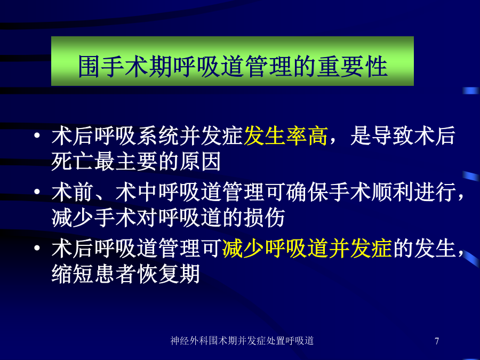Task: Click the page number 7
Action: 437,341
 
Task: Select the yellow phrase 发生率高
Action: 286,135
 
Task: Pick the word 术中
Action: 137,192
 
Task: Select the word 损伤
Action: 265,218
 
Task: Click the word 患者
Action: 115,274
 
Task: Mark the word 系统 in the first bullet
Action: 158,135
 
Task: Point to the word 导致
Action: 393,135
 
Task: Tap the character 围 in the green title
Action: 90,66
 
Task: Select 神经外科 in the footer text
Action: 189,341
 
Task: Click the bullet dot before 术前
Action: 37,191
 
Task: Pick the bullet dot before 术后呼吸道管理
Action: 37,247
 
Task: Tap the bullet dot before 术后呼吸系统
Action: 37,135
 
